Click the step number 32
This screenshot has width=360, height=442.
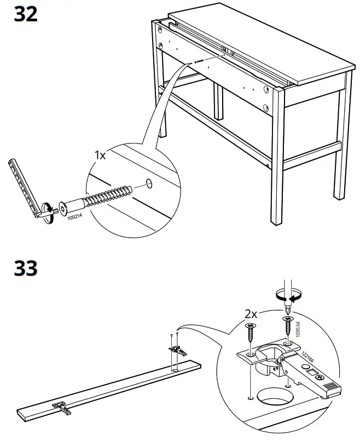(x=26, y=14)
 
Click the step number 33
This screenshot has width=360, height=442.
(x=26, y=268)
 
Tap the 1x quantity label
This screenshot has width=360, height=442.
(x=100, y=155)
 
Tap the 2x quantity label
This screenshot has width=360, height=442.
(x=251, y=314)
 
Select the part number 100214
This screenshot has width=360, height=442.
(x=75, y=218)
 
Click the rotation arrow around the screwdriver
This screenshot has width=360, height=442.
(x=288, y=296)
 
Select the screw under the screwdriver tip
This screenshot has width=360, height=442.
(x=287, y=324)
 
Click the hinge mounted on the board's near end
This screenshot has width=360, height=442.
(x=61, y=406)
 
